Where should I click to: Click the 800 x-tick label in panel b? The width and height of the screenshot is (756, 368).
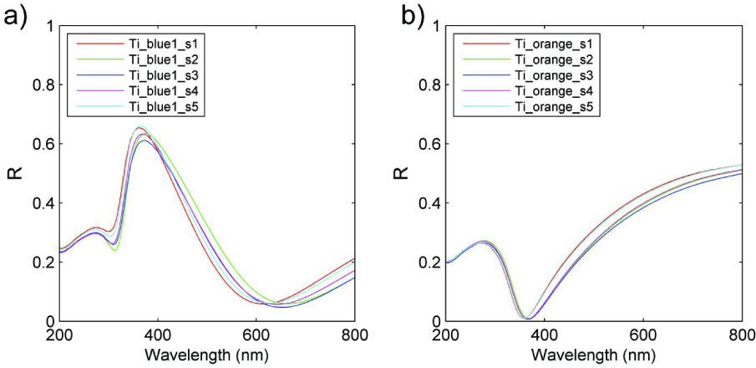740,336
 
